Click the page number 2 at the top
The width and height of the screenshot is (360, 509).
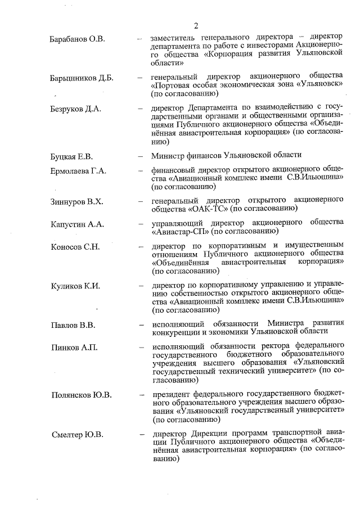pyautogui.click(x=196, y=25)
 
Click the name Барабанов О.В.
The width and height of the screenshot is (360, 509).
pyautogui.click(x=77, y=39)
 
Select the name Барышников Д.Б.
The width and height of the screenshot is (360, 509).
pyautogui.click(x=81, y=78)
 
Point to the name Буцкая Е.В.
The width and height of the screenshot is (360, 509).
pyautogui.click(x=71, y=155)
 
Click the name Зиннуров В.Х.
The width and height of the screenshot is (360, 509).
pyautogui.click(x=76, y=201)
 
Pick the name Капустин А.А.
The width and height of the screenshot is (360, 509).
pyautogui.click(x=77, y=224)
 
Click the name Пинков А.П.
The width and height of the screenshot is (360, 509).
pyautogui.click(x=74, y=347)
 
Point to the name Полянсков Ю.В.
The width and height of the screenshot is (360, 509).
pyautogui.click(x=81, y=394)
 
